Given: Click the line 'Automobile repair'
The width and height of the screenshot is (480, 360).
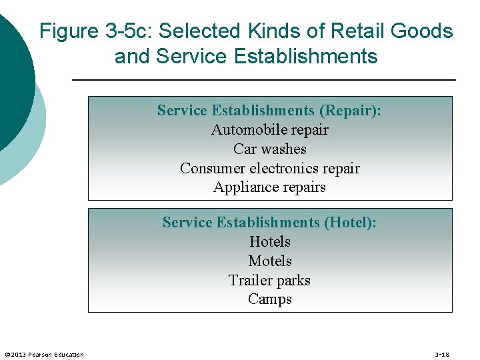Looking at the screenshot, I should pyautogui.click(x=269, y=130).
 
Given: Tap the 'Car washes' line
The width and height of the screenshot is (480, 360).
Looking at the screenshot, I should pyautogui.click(x=269, y=149).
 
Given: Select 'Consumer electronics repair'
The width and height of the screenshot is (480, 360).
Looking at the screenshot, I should pyautogui.click(x=269, y=169).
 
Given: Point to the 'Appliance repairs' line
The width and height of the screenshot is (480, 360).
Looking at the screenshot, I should pyautogui.click(x=269, y=187).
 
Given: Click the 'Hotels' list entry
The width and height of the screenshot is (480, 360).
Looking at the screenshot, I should pyautogui.click(x=269, y=241).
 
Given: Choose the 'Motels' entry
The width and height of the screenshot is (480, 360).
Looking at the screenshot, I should pyautogui.click(x=269, y=261).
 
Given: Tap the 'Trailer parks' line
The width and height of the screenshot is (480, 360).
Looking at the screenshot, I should pyautogui.click(x=269, y=280).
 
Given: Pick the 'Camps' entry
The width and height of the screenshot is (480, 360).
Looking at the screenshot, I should pyautogui.click(x=269, y=299).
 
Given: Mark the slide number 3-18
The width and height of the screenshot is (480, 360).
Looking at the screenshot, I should pyautogui.click(x=441, y=354).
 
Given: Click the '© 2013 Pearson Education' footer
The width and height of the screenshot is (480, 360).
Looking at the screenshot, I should pyautogui.click(x=44, y=354).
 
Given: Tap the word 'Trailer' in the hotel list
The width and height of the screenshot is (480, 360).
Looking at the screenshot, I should pyautogui.click(x=250, y=280).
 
